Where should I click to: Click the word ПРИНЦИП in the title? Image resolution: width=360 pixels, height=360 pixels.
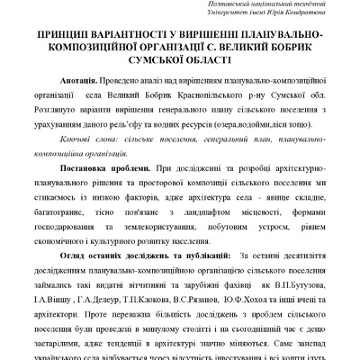tap(58, 32)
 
